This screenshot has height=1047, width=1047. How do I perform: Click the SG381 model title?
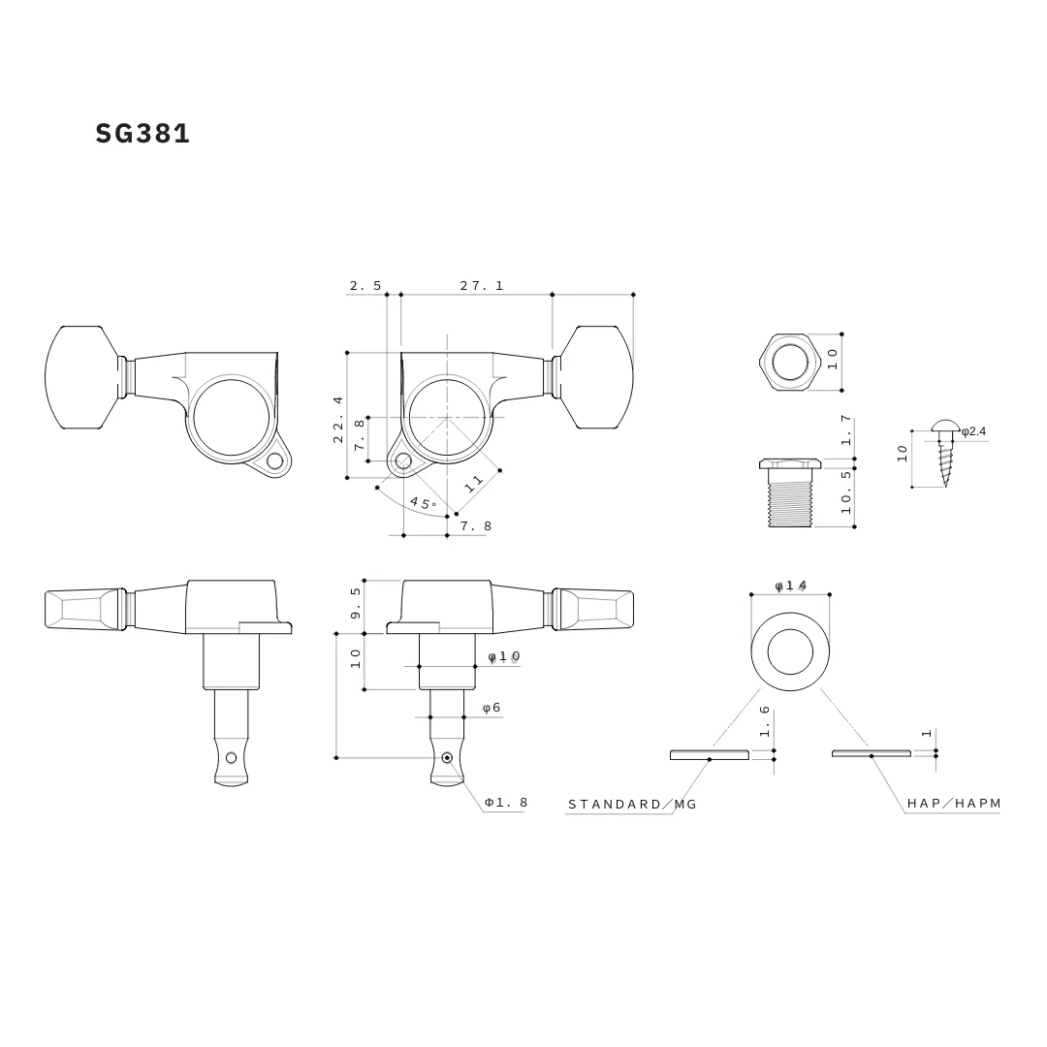tap(143, 134)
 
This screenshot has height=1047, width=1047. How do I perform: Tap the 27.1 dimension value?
tap(482, 286)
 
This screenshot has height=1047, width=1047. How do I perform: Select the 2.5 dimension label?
tap(365, 286)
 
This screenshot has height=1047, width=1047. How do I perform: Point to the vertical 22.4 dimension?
tap(338, 419)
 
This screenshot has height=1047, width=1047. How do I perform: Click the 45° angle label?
tap(423, 503)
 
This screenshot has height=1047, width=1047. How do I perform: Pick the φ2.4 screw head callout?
tap(973, 430)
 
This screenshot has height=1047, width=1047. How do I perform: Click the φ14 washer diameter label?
tap(790, 586)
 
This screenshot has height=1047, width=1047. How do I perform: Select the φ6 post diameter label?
tap(492, 708)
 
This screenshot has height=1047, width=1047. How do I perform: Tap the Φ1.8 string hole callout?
tap(506, 803)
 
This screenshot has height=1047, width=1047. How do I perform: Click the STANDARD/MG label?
tap(632, 805)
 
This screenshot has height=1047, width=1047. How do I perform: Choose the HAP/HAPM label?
tap(954, 804)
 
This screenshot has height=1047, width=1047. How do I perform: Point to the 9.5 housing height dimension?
tap(356, 603)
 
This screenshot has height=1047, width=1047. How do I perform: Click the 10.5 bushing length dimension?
tap(846, 491)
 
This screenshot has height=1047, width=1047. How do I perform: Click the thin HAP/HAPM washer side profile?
tap(872, 753)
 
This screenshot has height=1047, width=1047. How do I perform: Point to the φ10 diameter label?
tap(503, 657)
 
